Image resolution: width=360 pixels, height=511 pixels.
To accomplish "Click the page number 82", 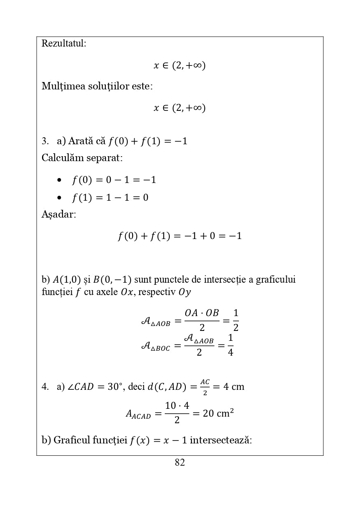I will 180,463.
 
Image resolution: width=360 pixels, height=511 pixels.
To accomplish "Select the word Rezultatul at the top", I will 63,43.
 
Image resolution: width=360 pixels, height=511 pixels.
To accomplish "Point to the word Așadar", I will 58,215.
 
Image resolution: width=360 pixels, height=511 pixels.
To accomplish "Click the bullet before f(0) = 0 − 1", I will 60,180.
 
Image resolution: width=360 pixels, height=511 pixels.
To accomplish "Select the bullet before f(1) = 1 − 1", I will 60,198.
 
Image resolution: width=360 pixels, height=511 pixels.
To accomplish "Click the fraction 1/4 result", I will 230,345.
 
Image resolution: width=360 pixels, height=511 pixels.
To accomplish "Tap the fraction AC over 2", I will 205,387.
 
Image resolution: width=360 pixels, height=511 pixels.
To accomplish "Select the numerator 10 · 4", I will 177,406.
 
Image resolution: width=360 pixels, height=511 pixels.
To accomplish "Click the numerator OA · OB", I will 201,313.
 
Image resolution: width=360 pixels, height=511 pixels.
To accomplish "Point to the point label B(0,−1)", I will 112,280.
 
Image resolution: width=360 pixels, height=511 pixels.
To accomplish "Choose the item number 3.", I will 45,141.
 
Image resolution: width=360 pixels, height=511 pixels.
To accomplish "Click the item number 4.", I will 45,387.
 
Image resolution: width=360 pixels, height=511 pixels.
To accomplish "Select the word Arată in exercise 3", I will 80,141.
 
